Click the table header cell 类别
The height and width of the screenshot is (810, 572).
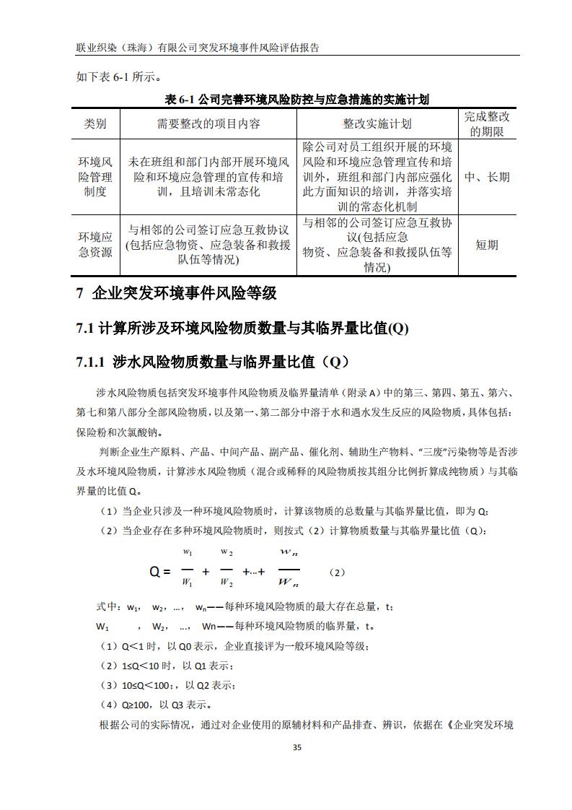95,124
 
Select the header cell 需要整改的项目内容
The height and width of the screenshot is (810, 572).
208,124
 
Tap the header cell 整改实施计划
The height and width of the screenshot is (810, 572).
377,124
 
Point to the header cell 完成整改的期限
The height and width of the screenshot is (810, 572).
486,124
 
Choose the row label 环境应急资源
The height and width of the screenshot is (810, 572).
95,245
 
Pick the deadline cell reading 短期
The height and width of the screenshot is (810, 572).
486,245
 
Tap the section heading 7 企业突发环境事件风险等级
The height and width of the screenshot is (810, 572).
176,293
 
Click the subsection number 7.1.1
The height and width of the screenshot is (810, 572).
91,362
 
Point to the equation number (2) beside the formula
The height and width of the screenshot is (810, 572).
337,572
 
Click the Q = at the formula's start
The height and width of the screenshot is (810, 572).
159,572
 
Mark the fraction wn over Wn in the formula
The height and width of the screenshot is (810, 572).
288,567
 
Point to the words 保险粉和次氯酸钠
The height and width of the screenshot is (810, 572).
119,433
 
